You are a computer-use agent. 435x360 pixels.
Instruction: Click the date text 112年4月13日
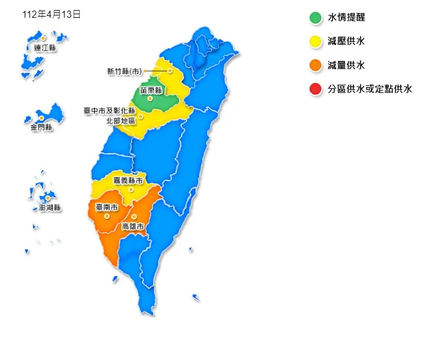(x=51, y=15)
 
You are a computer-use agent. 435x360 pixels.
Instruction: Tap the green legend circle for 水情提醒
(x=315, y=18)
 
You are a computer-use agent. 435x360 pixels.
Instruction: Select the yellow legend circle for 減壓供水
(x=315, y=41)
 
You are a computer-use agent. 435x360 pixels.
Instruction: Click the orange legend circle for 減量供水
(x=315, y=65)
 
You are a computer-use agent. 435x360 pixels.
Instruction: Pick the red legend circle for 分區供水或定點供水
(x=315, y=89)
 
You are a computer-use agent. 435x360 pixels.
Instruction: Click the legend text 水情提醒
(x=346, y=18)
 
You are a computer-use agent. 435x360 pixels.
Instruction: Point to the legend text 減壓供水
(x=346, y=41)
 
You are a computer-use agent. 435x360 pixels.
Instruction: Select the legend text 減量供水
(x=346, y=65)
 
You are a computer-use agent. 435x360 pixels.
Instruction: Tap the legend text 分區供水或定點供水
(x=369, y=89)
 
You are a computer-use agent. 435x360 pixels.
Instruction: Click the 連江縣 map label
(x=45, y=48)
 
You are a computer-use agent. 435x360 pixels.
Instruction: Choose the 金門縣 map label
(x=41, y=127)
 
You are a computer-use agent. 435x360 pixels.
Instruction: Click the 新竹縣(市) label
(x=125, y=71)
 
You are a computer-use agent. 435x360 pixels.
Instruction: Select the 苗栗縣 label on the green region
(x=151, y=91)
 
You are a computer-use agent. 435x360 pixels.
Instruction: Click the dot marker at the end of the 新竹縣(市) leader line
(x=170, y=71)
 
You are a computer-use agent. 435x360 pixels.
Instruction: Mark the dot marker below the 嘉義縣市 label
(x=131, y=189)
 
